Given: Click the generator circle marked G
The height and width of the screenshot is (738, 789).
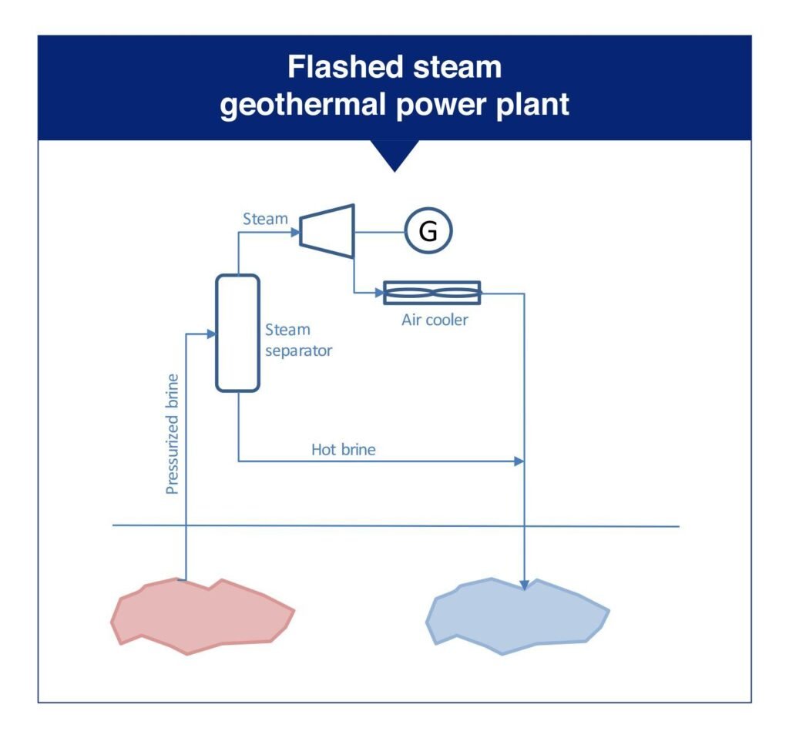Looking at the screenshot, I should [428, 232].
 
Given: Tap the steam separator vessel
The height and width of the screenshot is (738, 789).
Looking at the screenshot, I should [237, 333].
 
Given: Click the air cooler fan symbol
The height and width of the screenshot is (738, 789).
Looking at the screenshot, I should [432, 293].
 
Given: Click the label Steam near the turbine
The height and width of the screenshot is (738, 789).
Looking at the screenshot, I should [265, 219].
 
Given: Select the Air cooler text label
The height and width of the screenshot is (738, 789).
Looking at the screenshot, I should [434, 320].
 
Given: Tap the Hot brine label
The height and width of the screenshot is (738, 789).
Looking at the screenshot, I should [343, 449].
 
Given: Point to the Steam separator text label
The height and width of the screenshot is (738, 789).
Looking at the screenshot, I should [298, 340].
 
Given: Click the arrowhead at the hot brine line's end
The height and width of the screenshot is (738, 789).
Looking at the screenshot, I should [519, 461].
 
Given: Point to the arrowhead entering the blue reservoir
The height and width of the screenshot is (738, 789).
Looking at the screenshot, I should [524, 585].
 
